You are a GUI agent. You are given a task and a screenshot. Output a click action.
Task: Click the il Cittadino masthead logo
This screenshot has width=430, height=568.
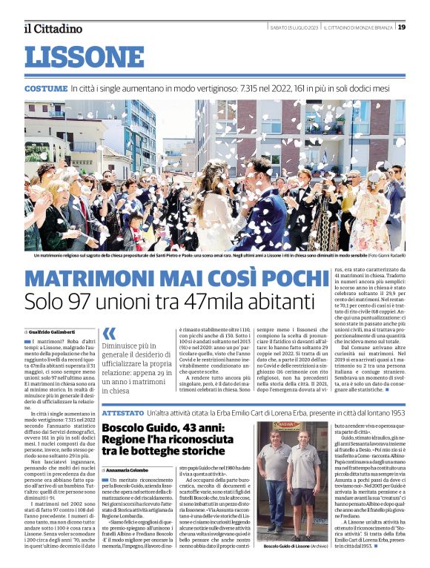point(53,28)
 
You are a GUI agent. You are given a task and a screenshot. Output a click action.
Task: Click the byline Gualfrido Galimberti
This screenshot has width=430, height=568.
point(54,331)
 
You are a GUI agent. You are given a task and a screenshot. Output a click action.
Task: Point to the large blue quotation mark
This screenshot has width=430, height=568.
point(109,335)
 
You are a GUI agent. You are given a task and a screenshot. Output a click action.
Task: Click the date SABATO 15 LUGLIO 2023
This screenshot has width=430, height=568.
point(295,27)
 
